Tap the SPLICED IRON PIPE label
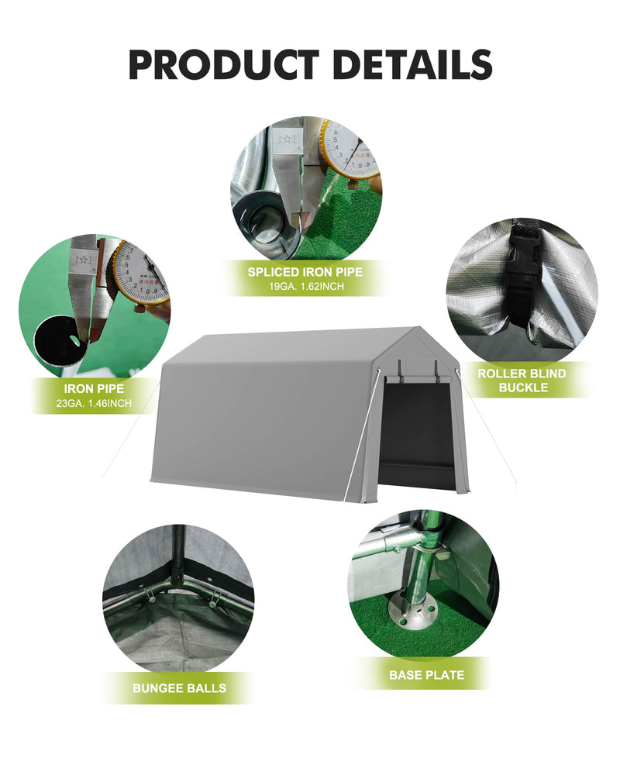305,272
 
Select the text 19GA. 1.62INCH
305,287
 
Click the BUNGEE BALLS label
179,687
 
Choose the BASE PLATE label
426,675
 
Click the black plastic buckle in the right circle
522,271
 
